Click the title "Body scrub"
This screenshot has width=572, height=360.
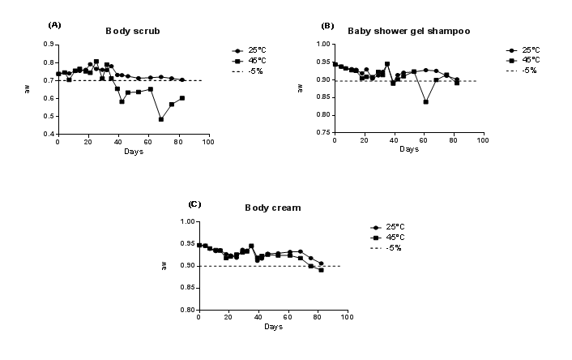(133, 31)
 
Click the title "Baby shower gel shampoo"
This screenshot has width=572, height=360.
(409, 31)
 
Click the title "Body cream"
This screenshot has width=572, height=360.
(273, 208)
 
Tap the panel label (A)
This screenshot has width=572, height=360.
(55, 24)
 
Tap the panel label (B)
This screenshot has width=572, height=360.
(327, 25)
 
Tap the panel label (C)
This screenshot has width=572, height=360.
(194, 203)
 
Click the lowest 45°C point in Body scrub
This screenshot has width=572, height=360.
(161, 119)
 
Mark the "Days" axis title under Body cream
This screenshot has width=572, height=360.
(273, 326)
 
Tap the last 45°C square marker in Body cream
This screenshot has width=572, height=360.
(321, 270)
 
